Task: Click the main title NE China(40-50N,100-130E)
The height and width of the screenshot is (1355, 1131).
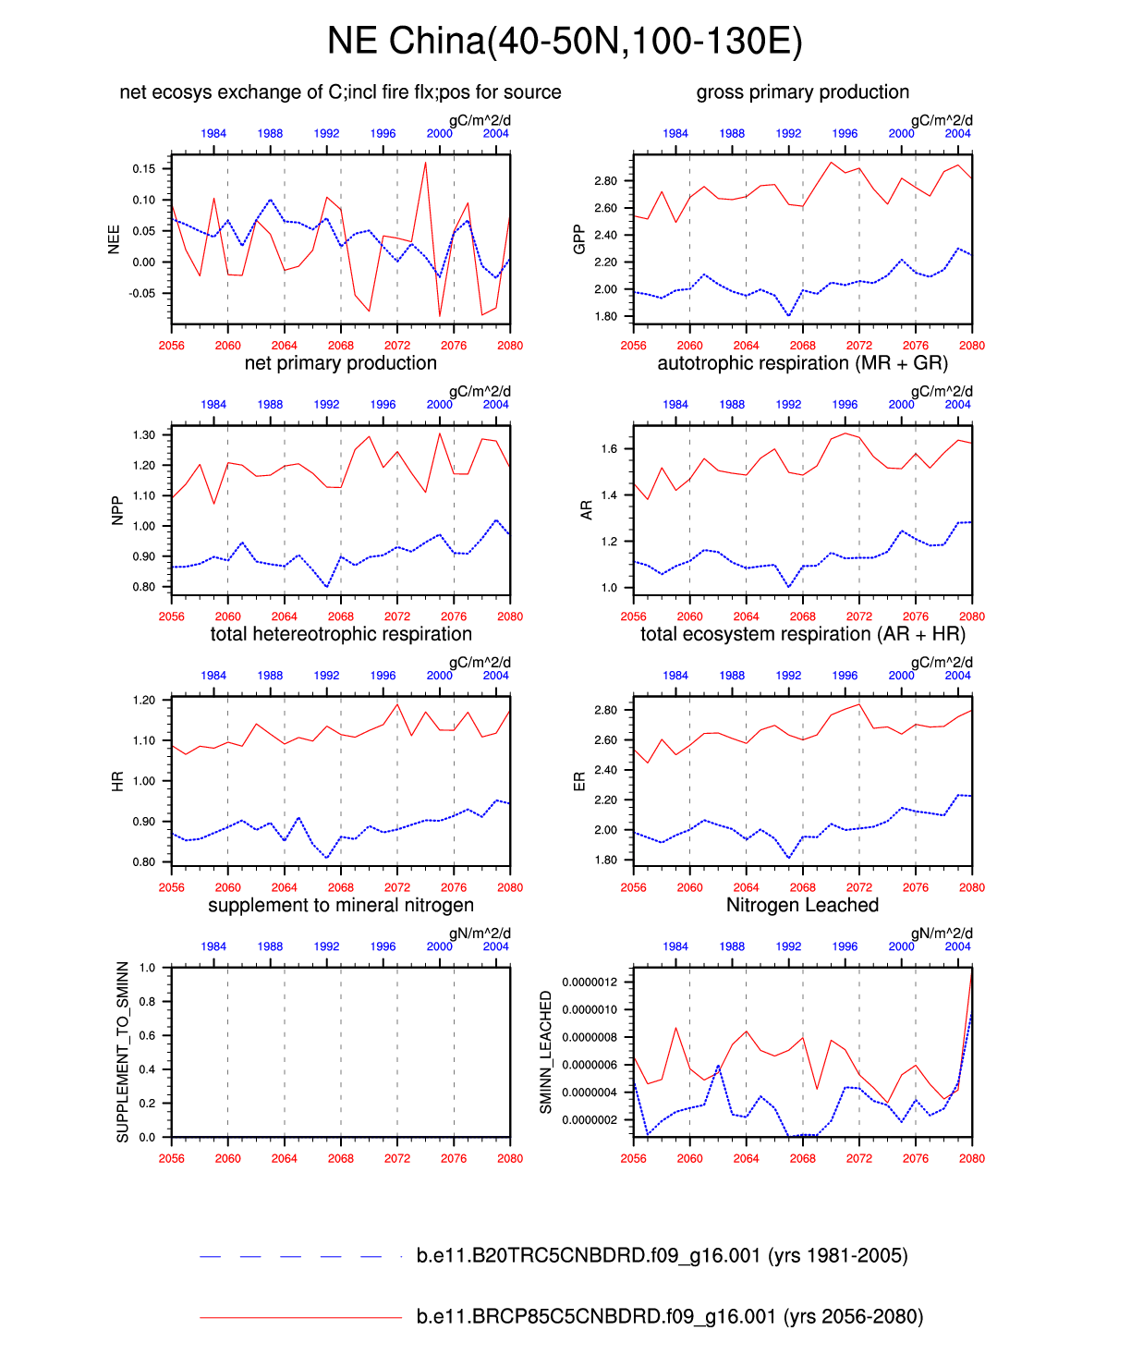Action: click(565, 42)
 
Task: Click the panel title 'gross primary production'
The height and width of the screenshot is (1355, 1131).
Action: click(802, 92)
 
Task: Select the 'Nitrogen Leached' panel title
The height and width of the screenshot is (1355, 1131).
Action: click(802, 905)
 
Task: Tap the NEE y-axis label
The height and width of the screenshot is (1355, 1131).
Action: click(114, 239)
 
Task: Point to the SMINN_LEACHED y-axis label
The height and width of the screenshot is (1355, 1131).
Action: click(545, 1052)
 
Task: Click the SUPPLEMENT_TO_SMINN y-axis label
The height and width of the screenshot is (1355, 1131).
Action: click(123, 1052)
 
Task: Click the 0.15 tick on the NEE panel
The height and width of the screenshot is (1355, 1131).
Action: click(143, 169)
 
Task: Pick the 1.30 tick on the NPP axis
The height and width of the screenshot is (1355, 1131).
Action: click(143, 434)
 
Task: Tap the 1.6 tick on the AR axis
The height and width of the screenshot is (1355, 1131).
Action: click(609, 449)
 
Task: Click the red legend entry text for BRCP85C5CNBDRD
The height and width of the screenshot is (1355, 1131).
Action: click(669, 1316)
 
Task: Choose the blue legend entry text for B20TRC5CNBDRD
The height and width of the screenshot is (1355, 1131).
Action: click(662, 1255)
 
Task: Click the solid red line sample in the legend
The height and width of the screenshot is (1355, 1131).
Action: click(300, 1317)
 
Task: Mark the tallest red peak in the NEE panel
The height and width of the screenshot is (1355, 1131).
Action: click(425, 163)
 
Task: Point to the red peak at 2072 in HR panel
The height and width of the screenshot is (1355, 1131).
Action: click(397, 704)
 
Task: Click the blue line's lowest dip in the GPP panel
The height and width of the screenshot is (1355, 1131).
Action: click(788, 316)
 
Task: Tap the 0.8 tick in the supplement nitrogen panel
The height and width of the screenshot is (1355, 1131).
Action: click(148, 1002)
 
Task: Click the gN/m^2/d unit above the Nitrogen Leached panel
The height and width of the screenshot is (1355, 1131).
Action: click(942, 934)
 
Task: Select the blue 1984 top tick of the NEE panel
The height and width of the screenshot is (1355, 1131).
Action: click(213, 133)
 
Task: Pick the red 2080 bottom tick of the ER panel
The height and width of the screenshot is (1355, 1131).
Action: click(972, 887)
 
